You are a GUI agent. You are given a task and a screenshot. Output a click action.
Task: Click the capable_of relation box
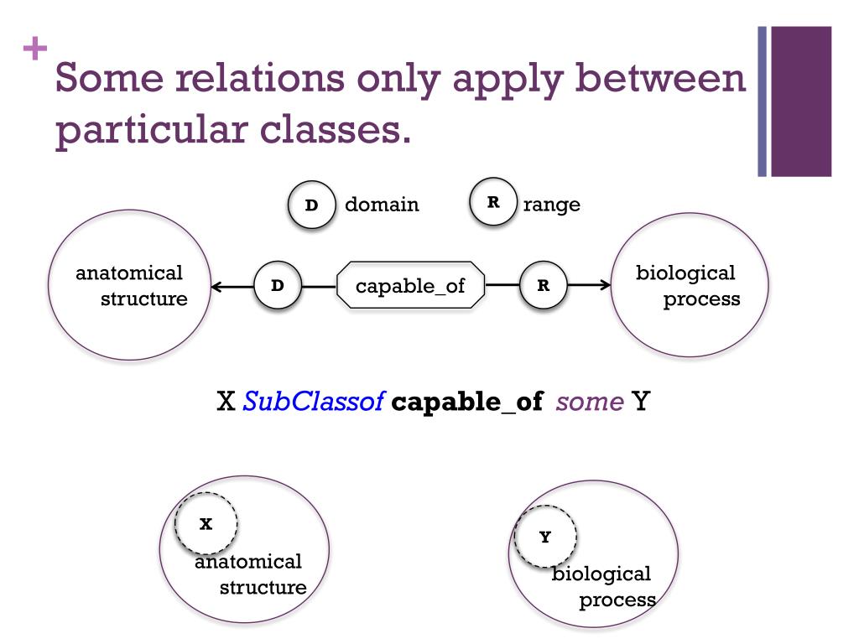[410, 286]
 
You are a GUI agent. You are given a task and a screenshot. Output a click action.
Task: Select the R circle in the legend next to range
[493, 202]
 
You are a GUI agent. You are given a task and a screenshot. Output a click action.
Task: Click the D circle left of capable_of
[278, 286]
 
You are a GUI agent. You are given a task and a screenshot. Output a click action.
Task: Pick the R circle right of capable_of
[544, 285]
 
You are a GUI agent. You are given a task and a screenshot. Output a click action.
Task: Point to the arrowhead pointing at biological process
[606, 285]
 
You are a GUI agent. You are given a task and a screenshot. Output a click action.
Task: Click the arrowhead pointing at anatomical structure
[217, 287]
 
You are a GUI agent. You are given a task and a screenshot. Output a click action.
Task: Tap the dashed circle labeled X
[206, 524]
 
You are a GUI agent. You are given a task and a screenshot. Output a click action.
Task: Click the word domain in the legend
[382, 205]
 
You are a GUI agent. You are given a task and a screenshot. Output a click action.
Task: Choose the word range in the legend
[551, 205]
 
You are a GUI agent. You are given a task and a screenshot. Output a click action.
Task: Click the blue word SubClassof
[313, 402]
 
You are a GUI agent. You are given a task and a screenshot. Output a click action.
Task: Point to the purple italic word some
[589, 402]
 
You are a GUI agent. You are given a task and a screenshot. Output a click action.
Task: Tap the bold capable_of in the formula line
[467, 402]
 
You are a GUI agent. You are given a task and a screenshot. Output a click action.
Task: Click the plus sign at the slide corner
[34, 49]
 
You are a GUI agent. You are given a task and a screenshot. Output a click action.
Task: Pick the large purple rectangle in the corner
[800, 101]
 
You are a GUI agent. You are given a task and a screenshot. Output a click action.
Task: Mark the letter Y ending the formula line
[642, 402]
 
